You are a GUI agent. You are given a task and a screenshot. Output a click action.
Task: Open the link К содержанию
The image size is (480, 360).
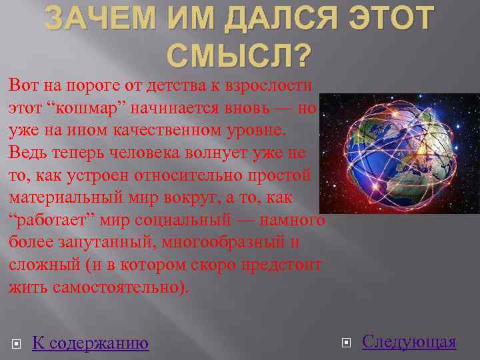tap(90, 343)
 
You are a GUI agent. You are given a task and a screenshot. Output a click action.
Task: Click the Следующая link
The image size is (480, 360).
tap(409, 342)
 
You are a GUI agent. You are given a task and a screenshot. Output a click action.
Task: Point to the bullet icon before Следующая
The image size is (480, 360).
tap(345, 343)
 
